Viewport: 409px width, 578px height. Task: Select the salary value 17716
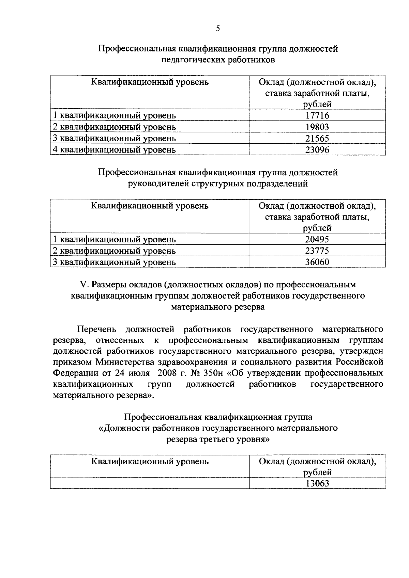[x=317, y=116]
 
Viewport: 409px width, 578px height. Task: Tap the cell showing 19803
[x=317, y=127]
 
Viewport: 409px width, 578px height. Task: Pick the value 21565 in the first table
[x=317, y=139]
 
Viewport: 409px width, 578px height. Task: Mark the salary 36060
[x=317, y=262]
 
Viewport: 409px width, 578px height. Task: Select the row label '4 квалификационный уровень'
[x=114, y=150]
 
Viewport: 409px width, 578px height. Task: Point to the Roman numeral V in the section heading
[x=81, y=284]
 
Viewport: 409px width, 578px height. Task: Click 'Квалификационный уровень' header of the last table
[x=150, y=462]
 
